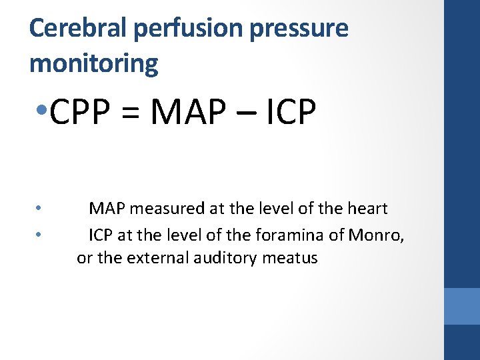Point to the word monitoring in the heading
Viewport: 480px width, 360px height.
click(94, 63)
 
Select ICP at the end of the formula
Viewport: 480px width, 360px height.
click(287, 113)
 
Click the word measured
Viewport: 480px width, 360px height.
click(167, 209)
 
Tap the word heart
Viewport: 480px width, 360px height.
click(366, 209)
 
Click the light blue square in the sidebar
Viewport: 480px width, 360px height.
click(462, 306)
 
